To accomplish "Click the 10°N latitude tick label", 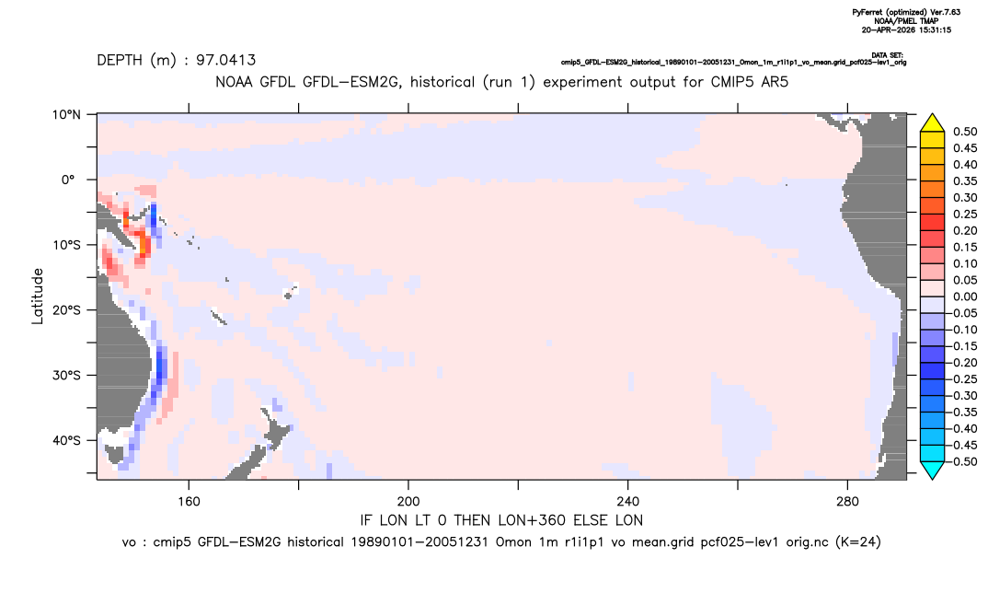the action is tap(66, 115).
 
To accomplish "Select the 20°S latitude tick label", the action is tap(66, 310).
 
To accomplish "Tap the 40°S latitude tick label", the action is tap(66, 440).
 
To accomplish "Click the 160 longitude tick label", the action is tap(189, 502).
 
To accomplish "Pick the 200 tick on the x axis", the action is tap(408, 502).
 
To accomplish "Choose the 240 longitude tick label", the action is tap(627, 502).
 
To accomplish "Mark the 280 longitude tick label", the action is tap(847, 502).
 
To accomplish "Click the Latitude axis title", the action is tap(38, 296).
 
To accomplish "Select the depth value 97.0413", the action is tap(225, 60).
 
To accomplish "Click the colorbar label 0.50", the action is tap(965, 132).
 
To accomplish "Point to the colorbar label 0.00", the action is tap(965, 297).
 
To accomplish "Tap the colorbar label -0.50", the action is tap(963, 461).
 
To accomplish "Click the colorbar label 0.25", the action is tap(965, 215).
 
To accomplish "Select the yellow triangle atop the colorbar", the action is tap(933, 124).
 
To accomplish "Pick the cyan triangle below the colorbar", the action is tap(933, 469).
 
